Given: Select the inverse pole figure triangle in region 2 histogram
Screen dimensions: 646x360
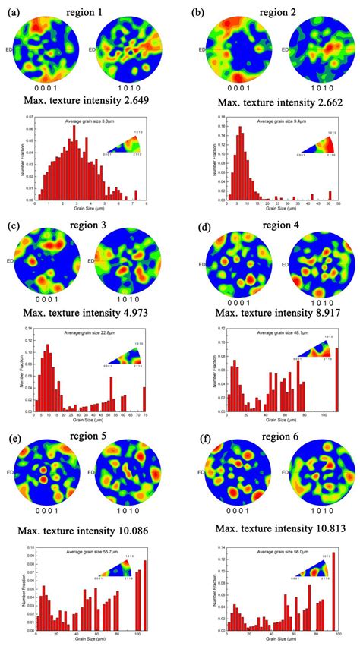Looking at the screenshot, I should [319, 145].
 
